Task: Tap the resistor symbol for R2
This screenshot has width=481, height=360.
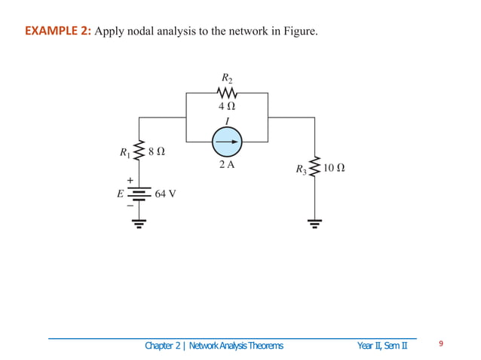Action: (227, 93)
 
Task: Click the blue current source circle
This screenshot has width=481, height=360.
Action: (227, 141)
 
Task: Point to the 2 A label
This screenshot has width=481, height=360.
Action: (226, 164)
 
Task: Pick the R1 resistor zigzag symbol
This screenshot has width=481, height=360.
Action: (139, 151)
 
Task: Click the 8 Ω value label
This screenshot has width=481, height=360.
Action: (156, 151)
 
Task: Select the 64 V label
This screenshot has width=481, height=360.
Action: (165, 194)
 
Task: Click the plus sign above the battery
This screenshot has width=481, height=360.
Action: (130, 181)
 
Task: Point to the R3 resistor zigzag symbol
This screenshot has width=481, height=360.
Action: (314, 168)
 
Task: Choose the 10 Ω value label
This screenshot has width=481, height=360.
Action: (334, 168)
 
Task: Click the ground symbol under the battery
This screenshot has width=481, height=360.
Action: (139, 222)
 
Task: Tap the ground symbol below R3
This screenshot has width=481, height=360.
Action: (314, 222)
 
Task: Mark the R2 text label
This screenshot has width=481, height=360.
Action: (227, 78)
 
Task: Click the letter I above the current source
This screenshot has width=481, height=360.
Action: (227, 122)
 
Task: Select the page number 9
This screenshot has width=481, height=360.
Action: (441, 345)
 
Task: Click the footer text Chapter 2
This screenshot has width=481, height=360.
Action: (164, 346)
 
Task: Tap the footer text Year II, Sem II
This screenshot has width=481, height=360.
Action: (382, 346)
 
